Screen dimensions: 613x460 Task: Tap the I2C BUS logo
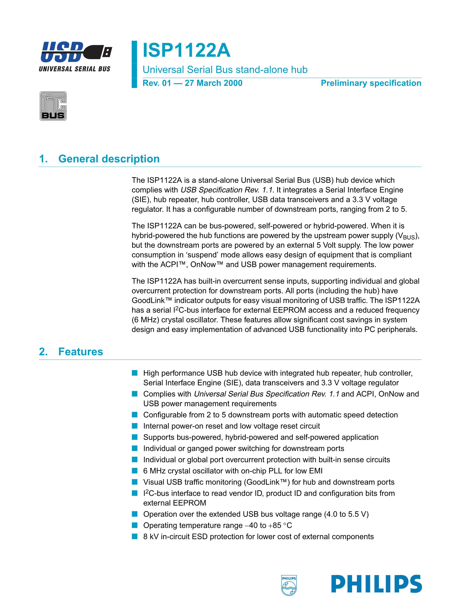[x=53, y=106]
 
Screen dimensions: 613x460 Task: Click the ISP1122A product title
[x=186, y=50]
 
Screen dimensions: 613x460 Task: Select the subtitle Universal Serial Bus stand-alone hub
[x=225, y=70]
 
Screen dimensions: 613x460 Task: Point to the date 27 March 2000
[x=213, y=83]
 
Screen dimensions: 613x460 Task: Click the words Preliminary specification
[x=371, y=83]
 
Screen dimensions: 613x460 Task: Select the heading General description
[x=109, y=159]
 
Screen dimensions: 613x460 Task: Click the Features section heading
[x=80, y=352]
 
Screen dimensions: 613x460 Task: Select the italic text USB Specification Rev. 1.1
[x=226, y=190]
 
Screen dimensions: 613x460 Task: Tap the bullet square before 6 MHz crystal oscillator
[x=135, y=471]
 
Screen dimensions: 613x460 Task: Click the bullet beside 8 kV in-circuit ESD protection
[x=135, y=536]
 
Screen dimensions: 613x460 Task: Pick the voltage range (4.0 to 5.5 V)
[x=346, y=514]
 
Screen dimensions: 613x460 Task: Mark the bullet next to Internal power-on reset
[x=135, y=426]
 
